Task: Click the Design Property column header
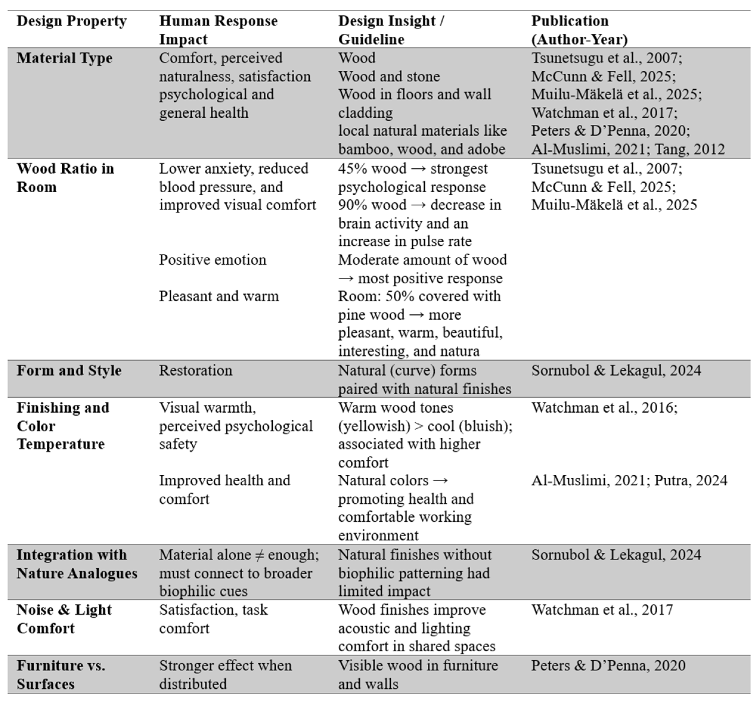click(x=72, y=21)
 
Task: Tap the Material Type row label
click(x=65, y=58)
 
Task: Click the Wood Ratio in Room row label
click(x=65, y=177)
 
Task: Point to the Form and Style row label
click(x=69, y=370)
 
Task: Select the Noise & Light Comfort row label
click(x=64, y=619)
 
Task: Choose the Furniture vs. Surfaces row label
click(x=61, y=675)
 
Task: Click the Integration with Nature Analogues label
click(x=77, y=564)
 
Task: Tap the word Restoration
click(x=195, y=370)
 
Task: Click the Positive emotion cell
click(x=212, y=260)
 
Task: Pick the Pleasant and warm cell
click(x=218, y=296)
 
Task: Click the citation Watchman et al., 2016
click(x=604, y=408)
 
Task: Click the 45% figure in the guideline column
click(x=352, y=169)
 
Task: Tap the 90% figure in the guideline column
click(x=352, y=205)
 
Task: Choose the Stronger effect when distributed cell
click(x=225, y=675)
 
